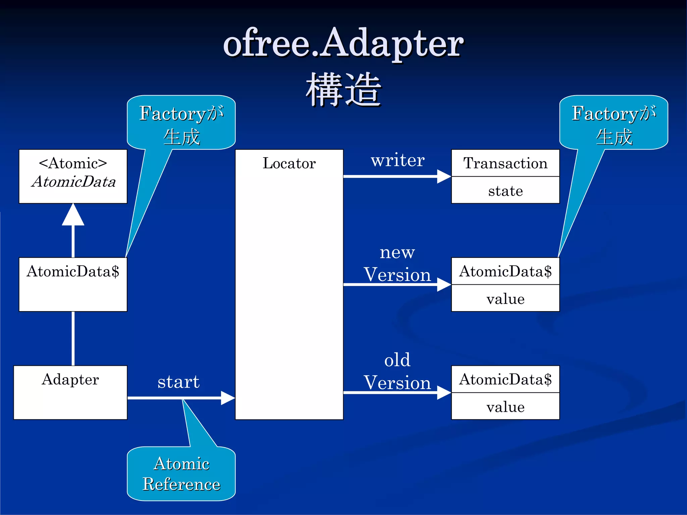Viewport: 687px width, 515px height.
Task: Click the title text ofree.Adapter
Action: [x=343, y=44]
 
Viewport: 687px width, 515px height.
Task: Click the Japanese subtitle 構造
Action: [x=343, y=90]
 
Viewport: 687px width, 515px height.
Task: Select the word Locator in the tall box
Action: [x=289, y=163]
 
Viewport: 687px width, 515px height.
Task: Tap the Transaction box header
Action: [x=505, y=163]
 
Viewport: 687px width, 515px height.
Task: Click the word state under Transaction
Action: [x=505, y=191]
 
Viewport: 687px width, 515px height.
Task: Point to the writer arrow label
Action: [x=398, y=160]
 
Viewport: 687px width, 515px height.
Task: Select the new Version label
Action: [x=397, y=264]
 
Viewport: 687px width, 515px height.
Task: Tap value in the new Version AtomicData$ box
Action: [x=505, y=299]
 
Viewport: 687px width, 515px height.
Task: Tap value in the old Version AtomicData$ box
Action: [x=505, y=407]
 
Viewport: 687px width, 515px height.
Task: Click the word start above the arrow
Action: [x=178, y=382]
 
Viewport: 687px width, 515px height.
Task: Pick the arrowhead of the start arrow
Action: [x=228, y=398]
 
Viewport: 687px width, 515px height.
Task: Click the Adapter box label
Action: [x=70, y=380]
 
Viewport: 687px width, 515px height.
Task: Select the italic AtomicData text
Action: [x=73, y=182]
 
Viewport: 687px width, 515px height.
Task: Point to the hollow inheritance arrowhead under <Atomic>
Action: [x=73, y=216]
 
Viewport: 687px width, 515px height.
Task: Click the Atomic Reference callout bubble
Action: [x=181, y=474]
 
